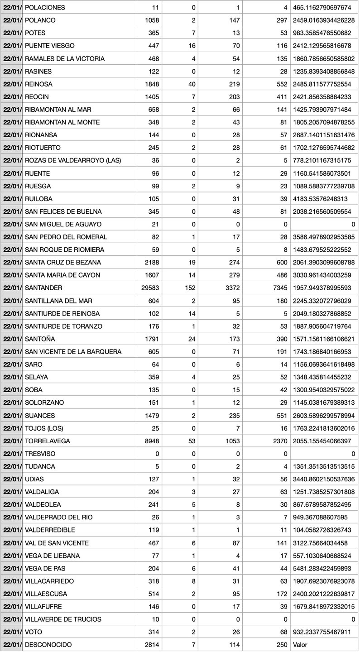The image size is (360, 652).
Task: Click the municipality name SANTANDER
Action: tap(43, 288)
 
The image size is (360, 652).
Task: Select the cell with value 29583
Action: tap(150, 288)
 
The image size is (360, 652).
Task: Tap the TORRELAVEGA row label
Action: tap(47, 441)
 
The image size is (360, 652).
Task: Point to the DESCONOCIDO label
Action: tap(48, 645)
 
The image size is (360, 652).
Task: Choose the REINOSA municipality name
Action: tap(38, 84)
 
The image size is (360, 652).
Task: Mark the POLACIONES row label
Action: tap(45, 8)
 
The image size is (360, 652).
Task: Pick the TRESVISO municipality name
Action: tap(40, 454)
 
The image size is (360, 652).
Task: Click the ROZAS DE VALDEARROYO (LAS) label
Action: tap(73, 161)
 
